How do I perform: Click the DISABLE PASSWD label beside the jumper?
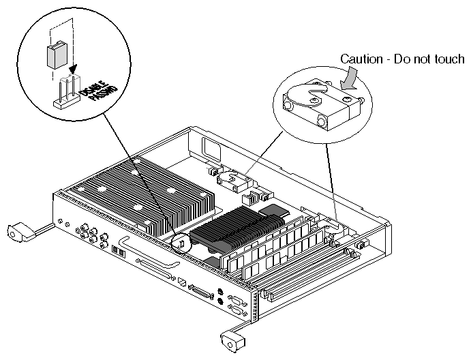(88, 103)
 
